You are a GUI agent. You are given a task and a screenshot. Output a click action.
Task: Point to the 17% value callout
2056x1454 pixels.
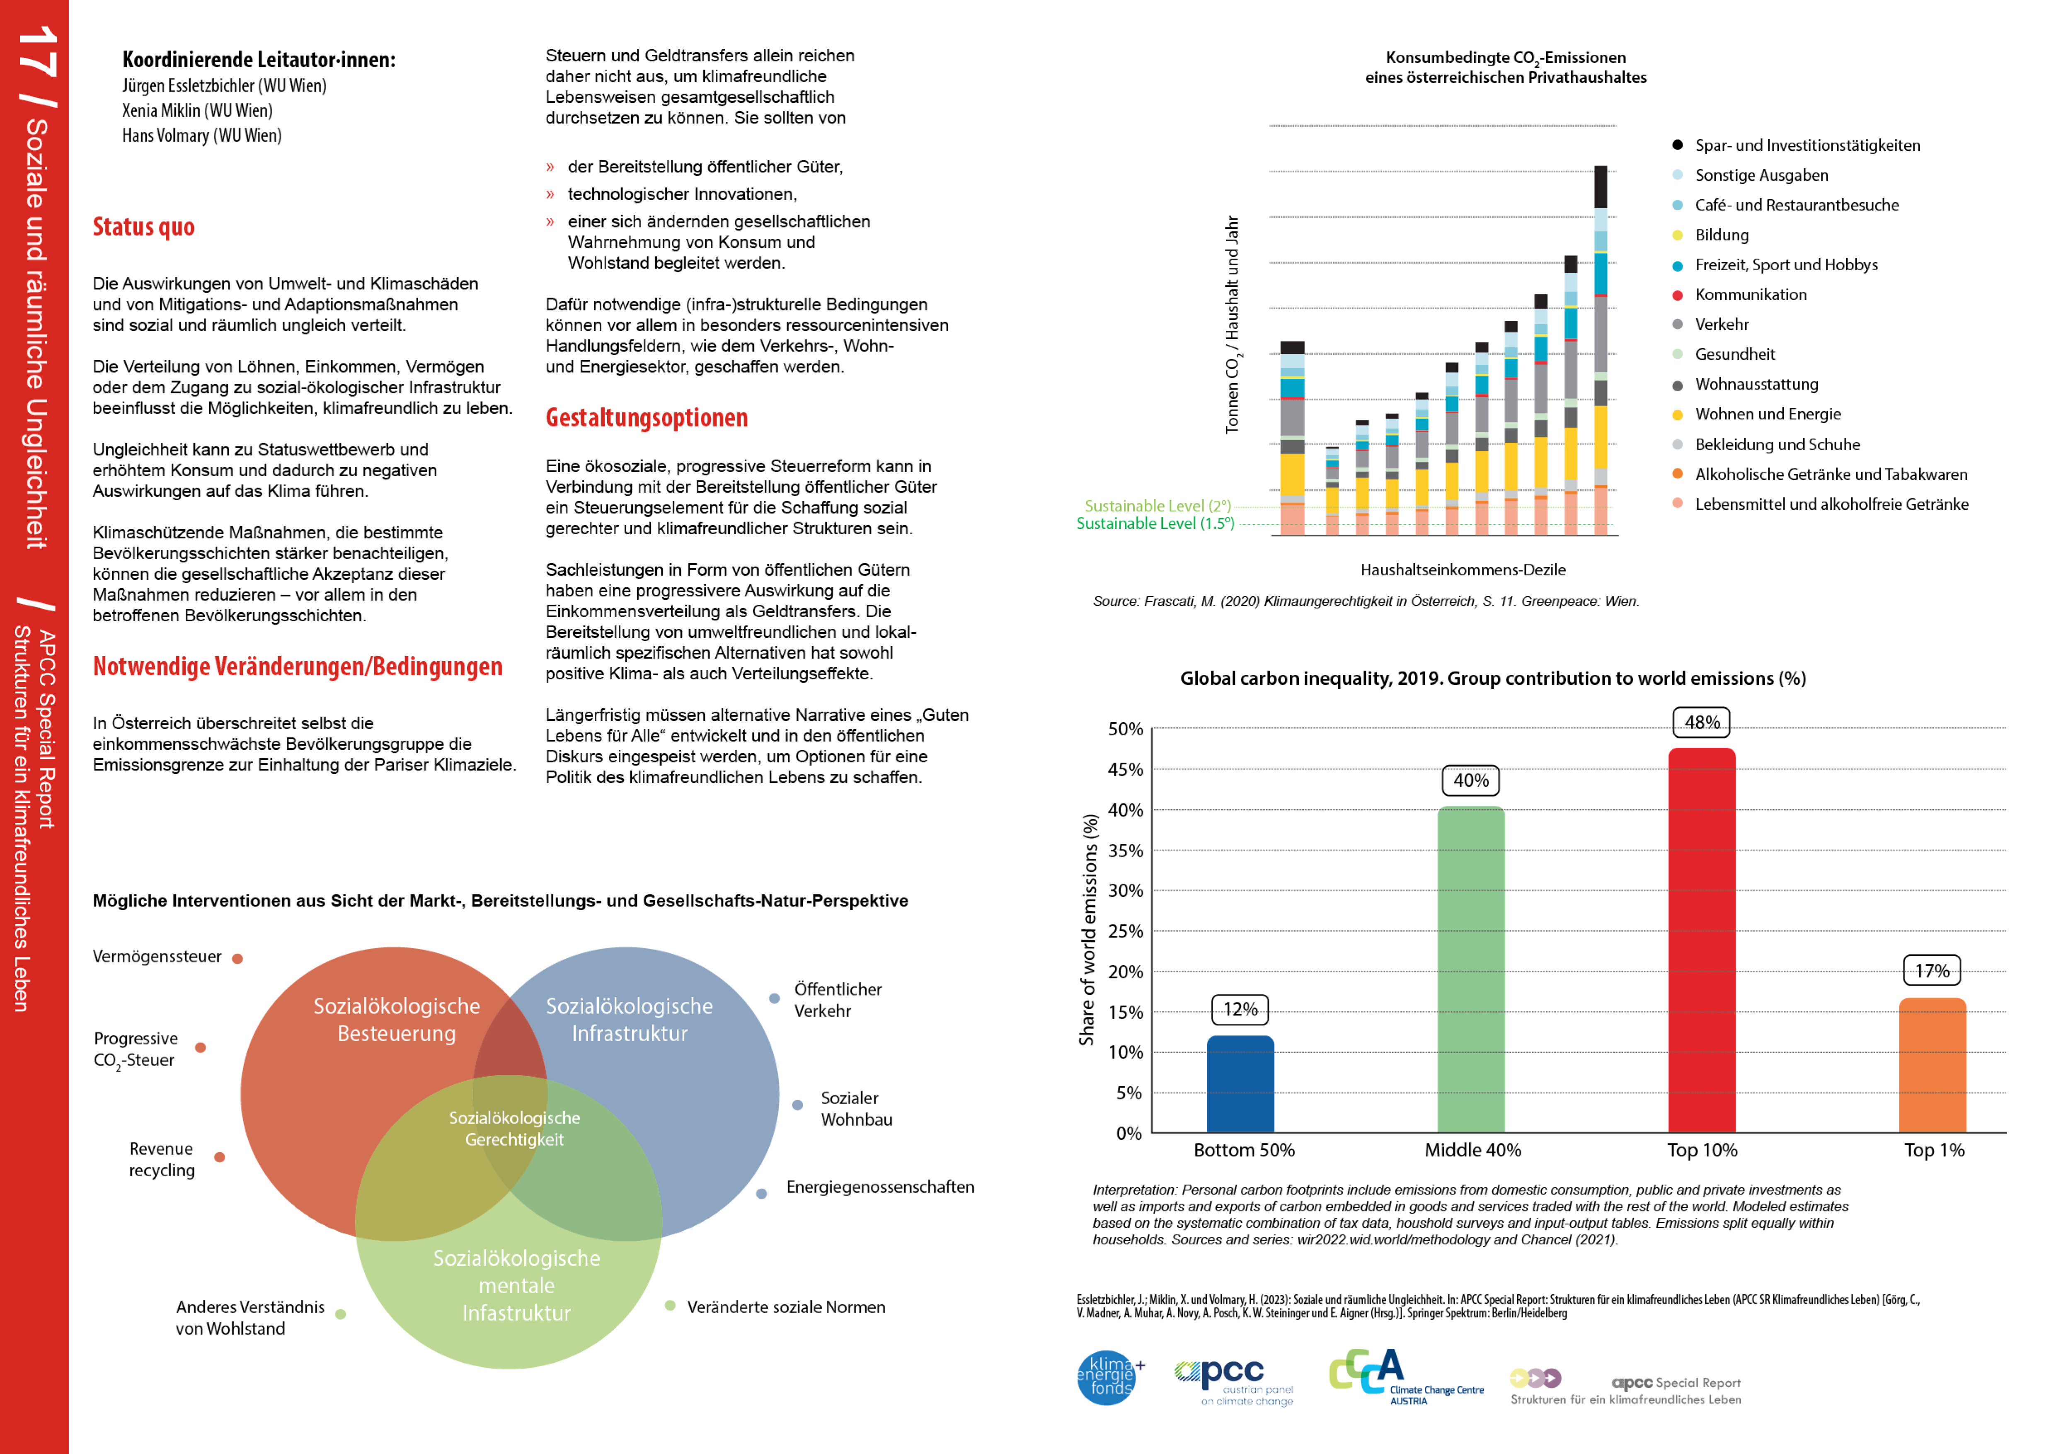pyautogui.click(x=1932, y=971)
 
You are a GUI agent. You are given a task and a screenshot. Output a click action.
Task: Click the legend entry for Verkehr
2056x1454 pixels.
pyautogui.click(x=1721, y=324)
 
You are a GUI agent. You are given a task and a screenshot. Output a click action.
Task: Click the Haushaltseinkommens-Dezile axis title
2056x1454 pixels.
pyautogui.click(x=1462, y=569)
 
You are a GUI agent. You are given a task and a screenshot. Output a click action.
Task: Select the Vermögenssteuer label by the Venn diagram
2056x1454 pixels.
pyautogui.click(x=157, y=956)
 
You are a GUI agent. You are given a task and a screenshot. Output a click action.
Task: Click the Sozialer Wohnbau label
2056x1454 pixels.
pyautogui.click(x=856, y=1108)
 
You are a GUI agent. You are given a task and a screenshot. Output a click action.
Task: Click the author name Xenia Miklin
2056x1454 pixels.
pyautogui.click(x=197, y=110)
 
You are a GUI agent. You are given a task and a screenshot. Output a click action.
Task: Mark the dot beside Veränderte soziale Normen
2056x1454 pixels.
pyautogui.click(x=670, y=1305)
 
